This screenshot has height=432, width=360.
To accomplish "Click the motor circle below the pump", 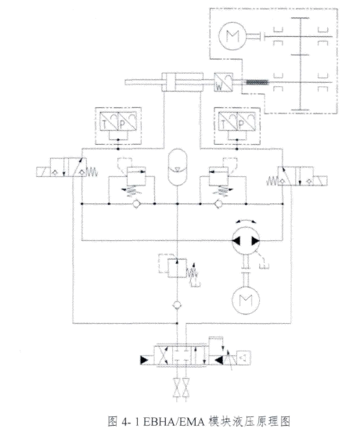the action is [246, 301].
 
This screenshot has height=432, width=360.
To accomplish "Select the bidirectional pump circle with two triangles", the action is [246, 240].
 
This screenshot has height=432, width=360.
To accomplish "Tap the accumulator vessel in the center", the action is [178, 167].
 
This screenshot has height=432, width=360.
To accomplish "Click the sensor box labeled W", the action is [223, 82].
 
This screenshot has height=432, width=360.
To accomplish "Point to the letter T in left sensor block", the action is [105, 125].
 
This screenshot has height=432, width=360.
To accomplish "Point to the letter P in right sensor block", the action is [241, 125].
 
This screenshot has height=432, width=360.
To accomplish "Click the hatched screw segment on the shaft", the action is [257, 82].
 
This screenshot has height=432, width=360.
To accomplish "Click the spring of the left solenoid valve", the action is [92, 172].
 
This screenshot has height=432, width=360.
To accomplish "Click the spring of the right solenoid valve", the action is [272, 181].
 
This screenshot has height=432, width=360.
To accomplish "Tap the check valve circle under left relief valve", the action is [137, 204].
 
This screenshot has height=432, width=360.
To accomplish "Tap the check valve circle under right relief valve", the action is [218, 204].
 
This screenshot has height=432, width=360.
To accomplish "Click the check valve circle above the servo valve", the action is [177, 305].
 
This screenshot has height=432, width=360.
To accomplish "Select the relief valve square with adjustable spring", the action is [177, 268].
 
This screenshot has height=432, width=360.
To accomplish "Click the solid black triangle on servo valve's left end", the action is [144, 360].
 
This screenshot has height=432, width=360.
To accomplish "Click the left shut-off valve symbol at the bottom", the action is [177, 387].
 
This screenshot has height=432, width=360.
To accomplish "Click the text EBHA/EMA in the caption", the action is [174, 422].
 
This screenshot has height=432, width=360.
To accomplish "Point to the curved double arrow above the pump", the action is [246, 221].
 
